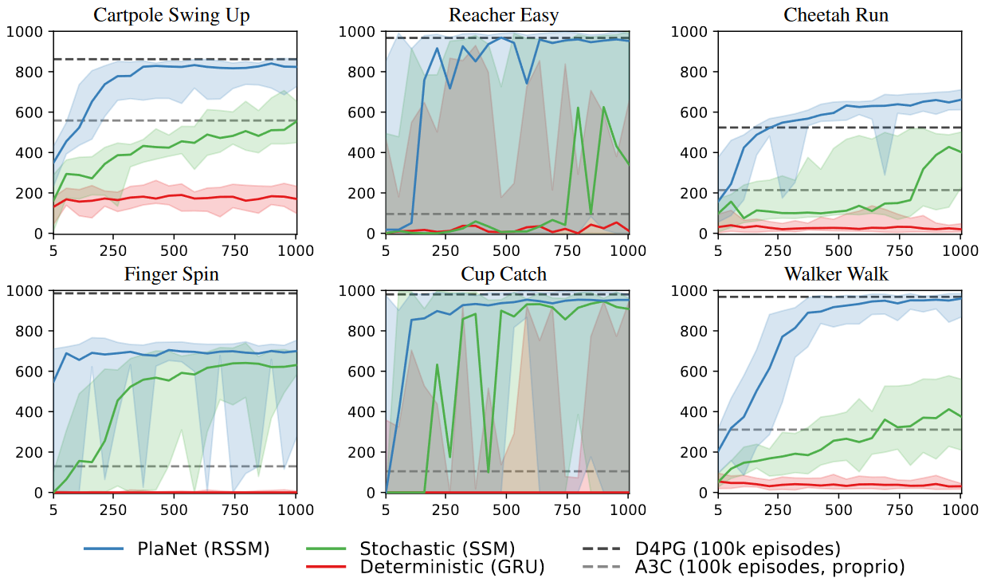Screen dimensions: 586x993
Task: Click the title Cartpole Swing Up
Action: [x=175, y=15]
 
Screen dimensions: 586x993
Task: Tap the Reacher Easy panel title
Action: [x=504, y=15]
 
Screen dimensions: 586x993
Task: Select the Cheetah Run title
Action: [x=836, y=15]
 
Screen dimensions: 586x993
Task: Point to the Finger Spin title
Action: [x=172, y=275]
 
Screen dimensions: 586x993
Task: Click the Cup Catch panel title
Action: [x=504, y=275]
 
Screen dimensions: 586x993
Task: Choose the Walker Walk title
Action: [x=836, y=275]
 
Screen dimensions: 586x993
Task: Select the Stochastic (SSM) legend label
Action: [x=438, y=549]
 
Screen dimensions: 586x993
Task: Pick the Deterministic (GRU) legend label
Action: [x=452, y=567]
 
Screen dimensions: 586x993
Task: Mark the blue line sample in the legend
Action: [x=104, y=549]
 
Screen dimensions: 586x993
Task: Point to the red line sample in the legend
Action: [x=325, y=567]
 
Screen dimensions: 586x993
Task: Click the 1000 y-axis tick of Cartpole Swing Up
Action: [x=26, y=32]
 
